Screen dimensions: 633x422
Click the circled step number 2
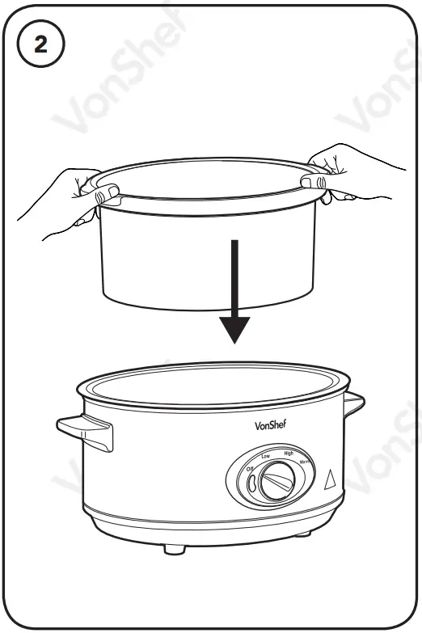pos(40,46)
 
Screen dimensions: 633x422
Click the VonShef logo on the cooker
pos(271,424)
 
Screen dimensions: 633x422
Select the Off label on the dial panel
pos(251,470)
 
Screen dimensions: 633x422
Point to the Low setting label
pos(265,457)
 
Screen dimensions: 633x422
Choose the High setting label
pos(288,454)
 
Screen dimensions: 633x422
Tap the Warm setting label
pos(306,462)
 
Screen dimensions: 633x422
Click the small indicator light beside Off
pos(252,484)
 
